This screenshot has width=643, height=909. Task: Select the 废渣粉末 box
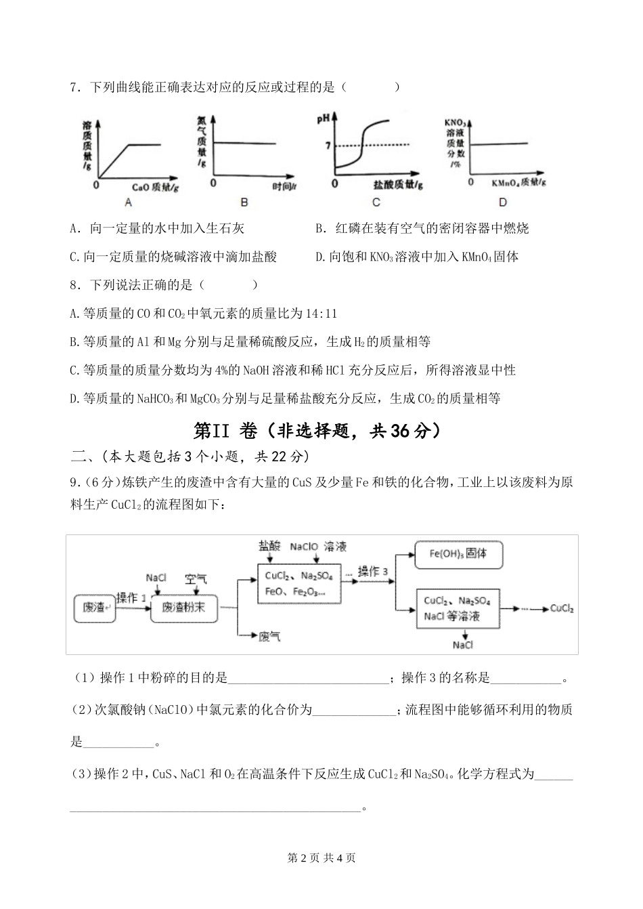click(185, 608)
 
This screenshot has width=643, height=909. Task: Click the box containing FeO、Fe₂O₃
click(299, 583)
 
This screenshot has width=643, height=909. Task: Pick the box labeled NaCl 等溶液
click(458, 608)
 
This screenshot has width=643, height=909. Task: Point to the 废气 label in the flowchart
click(270, 637)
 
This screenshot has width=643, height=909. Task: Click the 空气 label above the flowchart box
click(196, 578)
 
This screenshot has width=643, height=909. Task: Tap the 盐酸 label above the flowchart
click(269, 545)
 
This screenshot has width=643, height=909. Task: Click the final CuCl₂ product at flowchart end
click(562, 608)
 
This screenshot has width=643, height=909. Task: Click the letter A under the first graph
click(129, 202)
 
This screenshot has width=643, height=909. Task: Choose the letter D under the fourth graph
click(502, 202)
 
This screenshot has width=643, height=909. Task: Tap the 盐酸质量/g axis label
click(398, 184)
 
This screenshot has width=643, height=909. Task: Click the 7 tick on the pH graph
click(328, 145)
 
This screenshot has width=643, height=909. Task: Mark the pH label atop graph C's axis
click(323, 119)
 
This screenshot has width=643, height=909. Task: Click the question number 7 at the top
click(74, 87)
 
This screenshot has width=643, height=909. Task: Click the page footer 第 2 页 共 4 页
click(321, 858)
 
